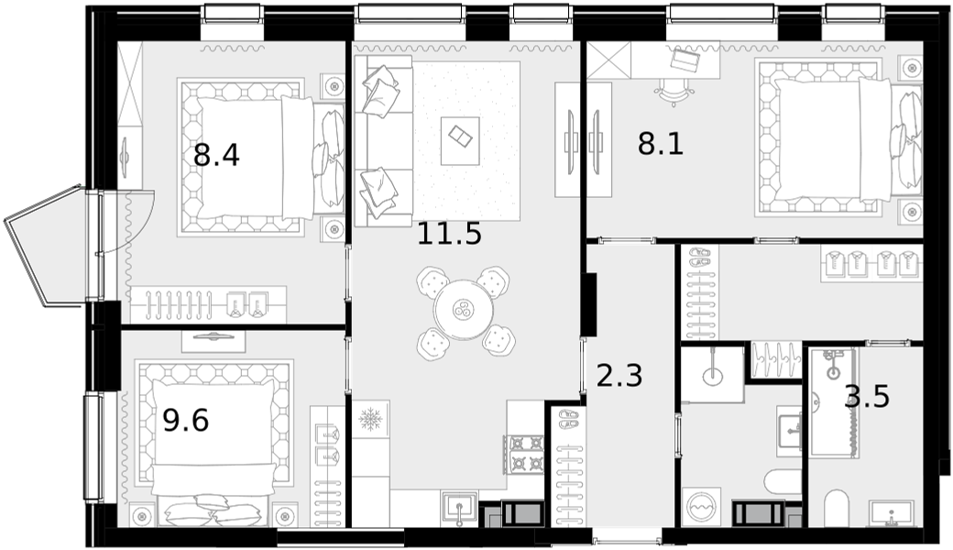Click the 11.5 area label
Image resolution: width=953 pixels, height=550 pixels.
pos(449,234)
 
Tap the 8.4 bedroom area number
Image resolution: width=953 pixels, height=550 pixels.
pos(216,155)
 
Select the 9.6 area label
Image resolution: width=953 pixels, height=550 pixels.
pos(186,420)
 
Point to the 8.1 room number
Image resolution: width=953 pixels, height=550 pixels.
pos(661,145)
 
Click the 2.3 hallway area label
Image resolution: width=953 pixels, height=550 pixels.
pos(619,376)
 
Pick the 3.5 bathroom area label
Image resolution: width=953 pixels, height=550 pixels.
pos(867,397)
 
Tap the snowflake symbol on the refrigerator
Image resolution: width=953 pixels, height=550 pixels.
pos(369,419)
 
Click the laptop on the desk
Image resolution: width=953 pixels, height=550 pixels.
pos(685,59)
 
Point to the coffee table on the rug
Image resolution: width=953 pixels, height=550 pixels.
pos(460,140)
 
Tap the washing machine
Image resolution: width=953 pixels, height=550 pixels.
pos(701,507)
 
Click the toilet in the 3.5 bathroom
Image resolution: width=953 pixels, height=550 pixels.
pos(837,508)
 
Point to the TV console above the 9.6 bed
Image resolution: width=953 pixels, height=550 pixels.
pos(214,342)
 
